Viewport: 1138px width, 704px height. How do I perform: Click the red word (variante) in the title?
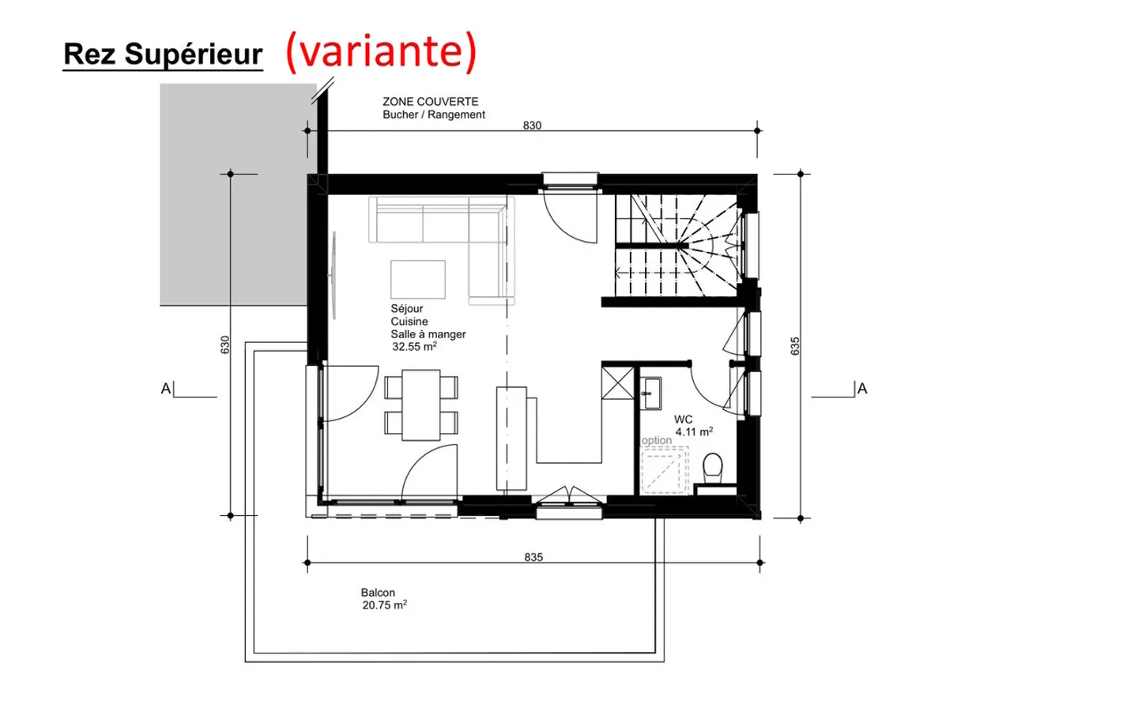tap(381, 52)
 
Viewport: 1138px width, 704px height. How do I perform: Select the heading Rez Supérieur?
tap(163, 55)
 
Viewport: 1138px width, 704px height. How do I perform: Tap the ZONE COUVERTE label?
tap(430, 102)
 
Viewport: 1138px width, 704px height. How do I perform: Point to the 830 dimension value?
tap(532, 125)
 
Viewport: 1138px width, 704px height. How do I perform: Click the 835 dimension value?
tap(533, 557)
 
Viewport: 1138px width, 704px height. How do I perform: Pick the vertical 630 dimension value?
tap(225, 344)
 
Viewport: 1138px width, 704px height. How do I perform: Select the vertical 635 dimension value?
tap(795, 346)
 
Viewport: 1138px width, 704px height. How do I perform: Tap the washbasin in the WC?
tap(651, 393)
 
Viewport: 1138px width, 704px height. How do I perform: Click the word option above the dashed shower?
tap(657, 440)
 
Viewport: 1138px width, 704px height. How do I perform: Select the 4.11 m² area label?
tap(694, 431)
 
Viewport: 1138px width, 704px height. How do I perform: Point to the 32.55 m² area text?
tap(414, 347)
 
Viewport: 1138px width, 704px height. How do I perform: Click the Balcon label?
tap(378, 593)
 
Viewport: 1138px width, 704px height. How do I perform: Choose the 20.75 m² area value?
tap(384, 605)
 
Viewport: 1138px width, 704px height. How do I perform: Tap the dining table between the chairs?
tap(420, 405)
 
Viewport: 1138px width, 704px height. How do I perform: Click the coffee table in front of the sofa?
tap(417, 279)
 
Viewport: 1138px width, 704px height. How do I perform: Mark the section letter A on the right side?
tap(862, 389)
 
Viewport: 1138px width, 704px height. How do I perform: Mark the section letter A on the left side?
tap(166, 389)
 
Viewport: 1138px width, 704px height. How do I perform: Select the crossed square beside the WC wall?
tap(618, 382)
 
